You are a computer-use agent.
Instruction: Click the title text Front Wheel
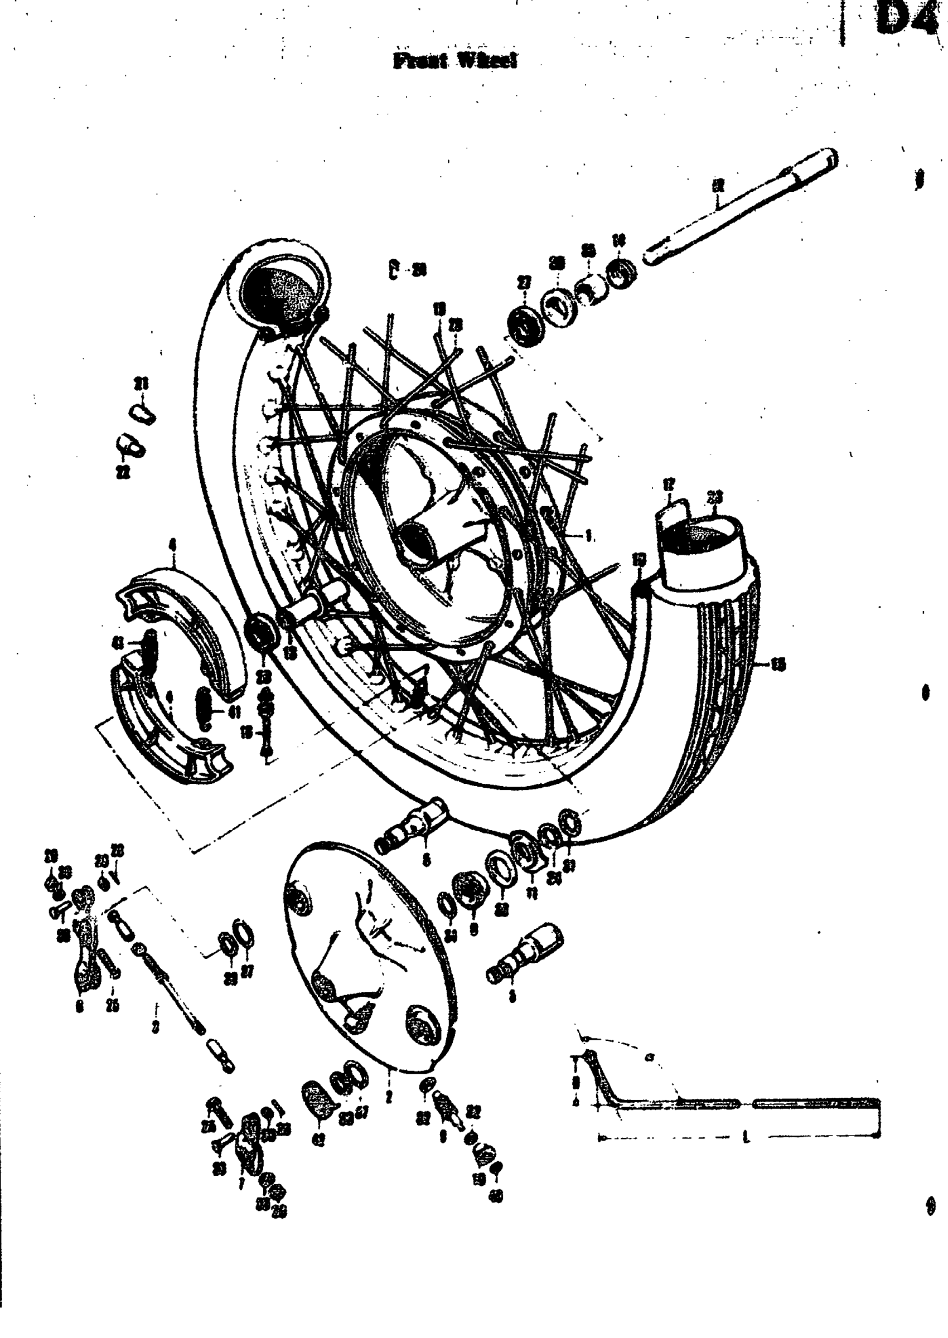coord(456,61)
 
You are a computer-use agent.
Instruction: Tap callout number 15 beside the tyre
coord(778,665)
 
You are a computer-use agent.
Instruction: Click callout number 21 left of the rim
coord(141,384)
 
